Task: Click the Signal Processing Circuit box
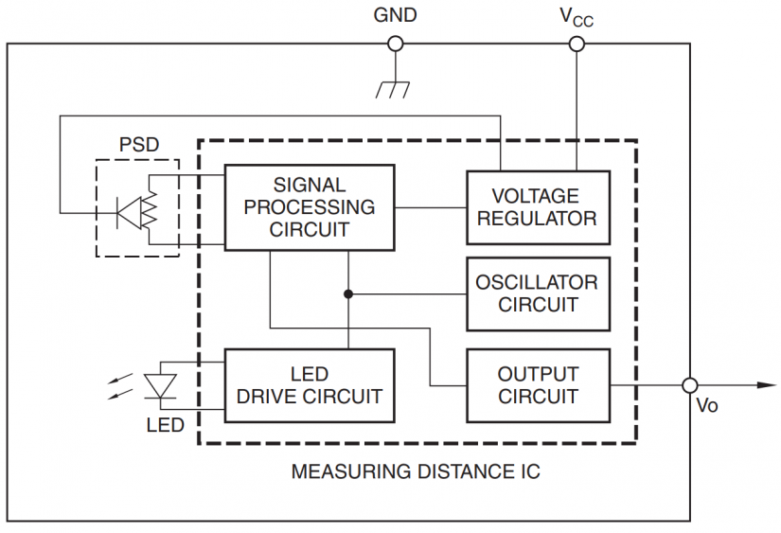[309, 207]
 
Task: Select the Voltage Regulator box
[537, 207]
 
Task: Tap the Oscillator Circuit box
[537, 293]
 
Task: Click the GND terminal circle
[396, 44]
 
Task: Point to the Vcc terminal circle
[576, 44]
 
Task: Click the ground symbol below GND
[393, 89]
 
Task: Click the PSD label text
[138, 146]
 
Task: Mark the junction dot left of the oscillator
[348, 293]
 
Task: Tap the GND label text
[395, 15]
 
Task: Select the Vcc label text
[577, 17]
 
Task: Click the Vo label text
[706, 407]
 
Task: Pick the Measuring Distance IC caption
[416, 471]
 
